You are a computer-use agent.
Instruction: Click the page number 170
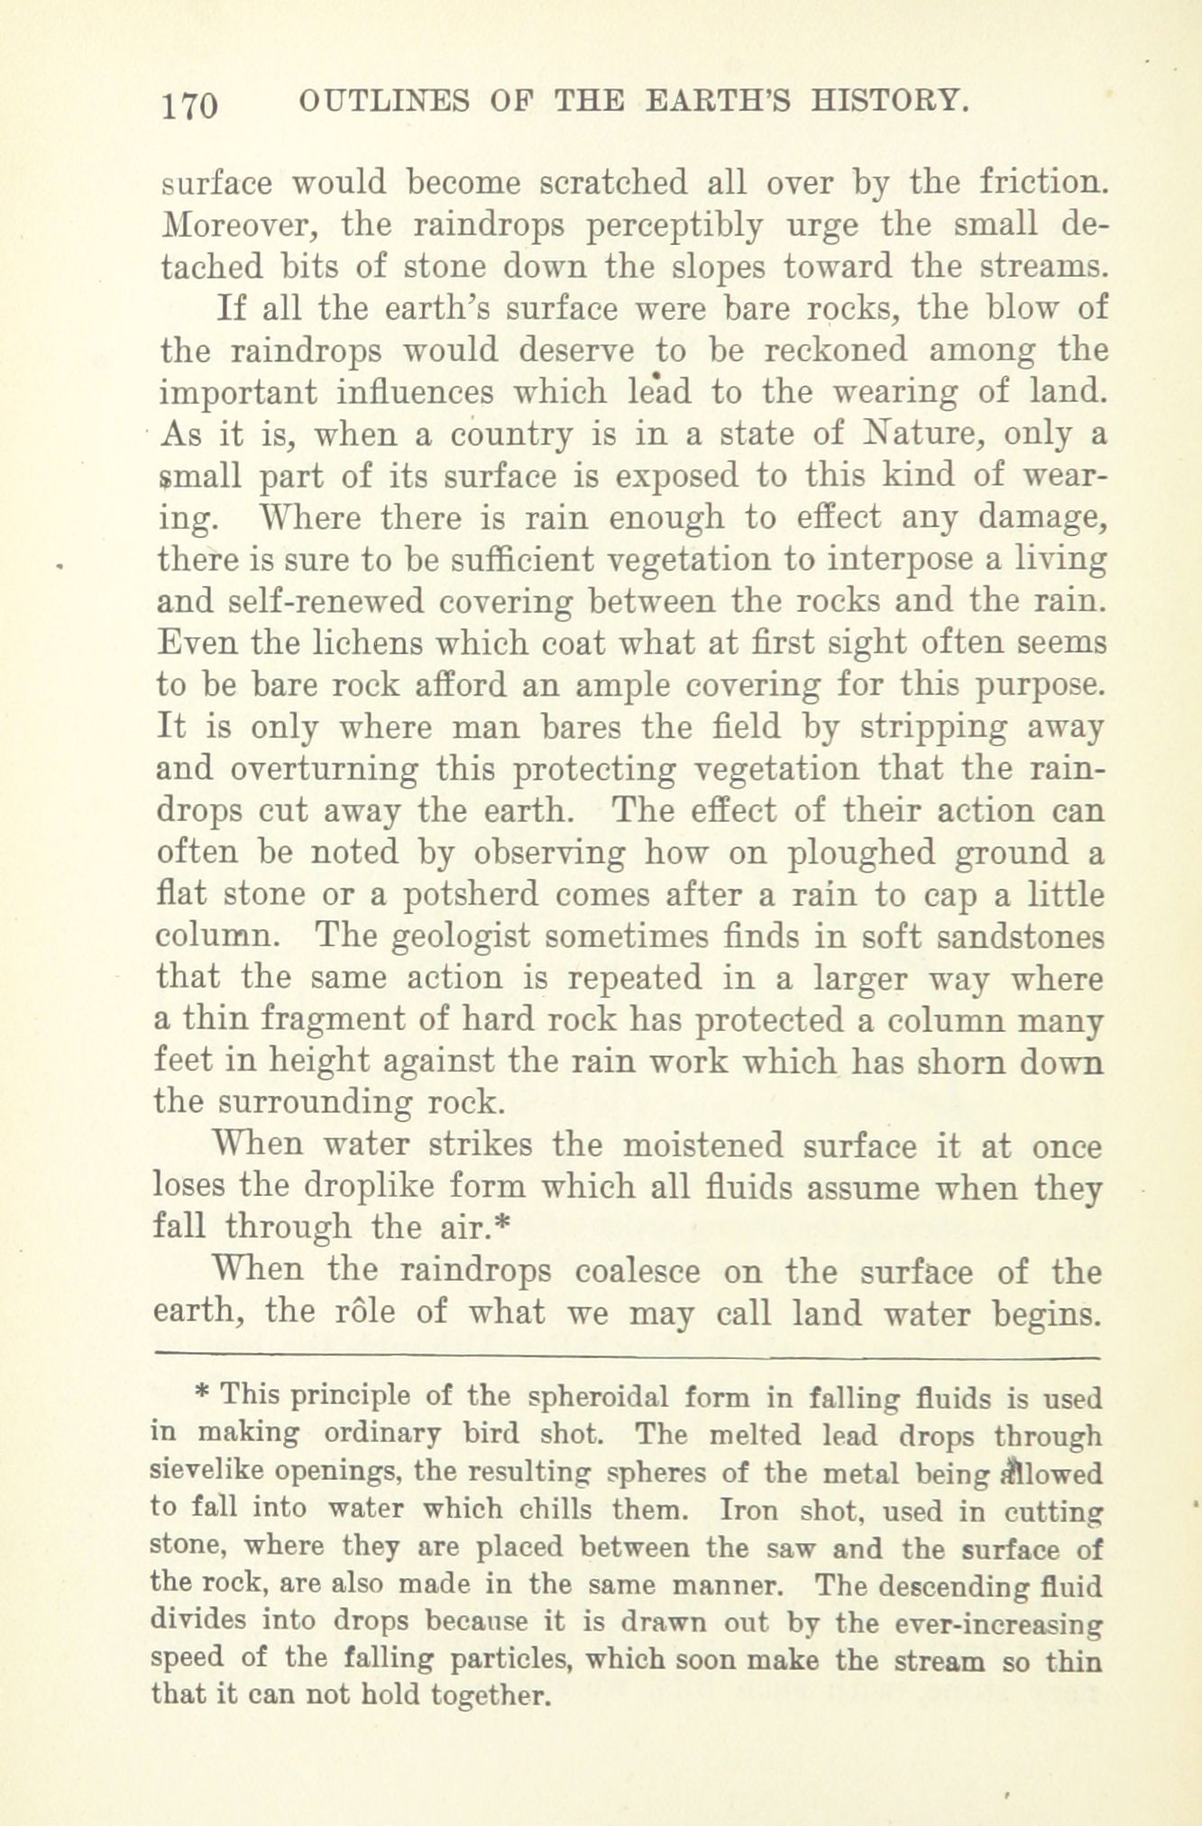tap(188, 106)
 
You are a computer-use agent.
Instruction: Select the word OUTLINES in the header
tap(384, 100)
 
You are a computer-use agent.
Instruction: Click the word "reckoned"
tap(818, 350)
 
